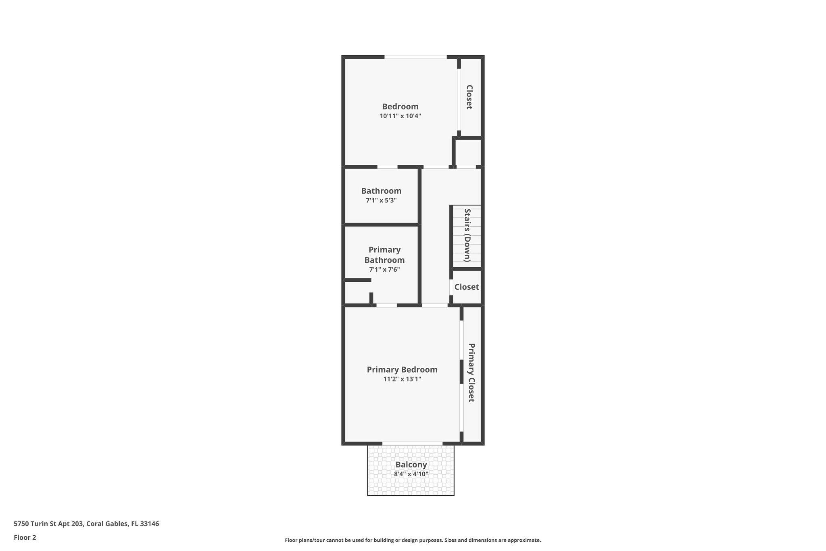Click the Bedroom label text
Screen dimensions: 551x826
(x=400, y=107)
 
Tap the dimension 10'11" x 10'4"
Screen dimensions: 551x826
(x=400, y=116)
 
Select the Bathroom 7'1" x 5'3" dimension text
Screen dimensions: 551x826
(x=381, y=201)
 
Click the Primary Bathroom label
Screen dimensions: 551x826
(x=384, y=255)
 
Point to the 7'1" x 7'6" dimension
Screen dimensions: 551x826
(x=384, y=270)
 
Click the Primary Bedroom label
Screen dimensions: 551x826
(x=402, y=369)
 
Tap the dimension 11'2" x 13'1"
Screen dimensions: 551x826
(x=402, y=379)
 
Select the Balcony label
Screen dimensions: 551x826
(x=411, y=465)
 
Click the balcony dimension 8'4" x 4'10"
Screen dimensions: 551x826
(x=411, y=474)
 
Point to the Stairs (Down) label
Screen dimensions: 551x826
(x=467, y=235)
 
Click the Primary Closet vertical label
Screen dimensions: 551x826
(x=471, y=373)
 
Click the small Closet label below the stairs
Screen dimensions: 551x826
(x=467, y=287)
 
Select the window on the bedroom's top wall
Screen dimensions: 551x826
(x=415, y=57)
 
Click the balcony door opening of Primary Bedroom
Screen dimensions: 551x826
(x=412, y=443)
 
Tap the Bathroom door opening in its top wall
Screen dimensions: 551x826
(x=387, y=167)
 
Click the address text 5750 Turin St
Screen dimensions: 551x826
(x=86, y=524)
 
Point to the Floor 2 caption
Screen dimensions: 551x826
(x=25, y=537)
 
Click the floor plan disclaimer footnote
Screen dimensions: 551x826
(x=413, y=540)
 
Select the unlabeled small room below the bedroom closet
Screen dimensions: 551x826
(x=468, y=152)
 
